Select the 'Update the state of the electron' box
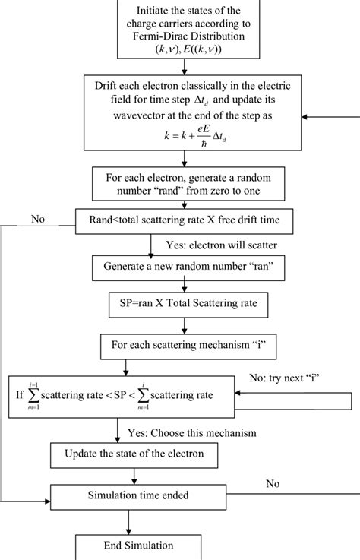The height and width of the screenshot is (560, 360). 134,456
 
